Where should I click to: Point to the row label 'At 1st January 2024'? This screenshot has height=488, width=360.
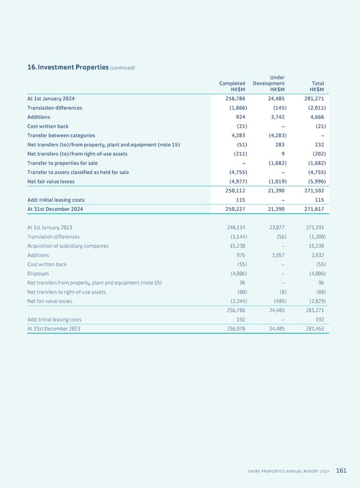51,98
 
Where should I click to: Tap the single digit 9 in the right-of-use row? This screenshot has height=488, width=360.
282,154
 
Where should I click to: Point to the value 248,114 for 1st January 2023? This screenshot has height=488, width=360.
232,228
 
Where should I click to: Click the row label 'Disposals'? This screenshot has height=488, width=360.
38,274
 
